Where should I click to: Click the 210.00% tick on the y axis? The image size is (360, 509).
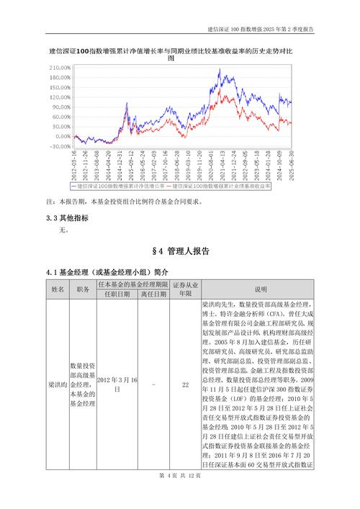61,68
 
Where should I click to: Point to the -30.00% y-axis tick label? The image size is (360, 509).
61,146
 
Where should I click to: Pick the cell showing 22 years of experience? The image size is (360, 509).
185,385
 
